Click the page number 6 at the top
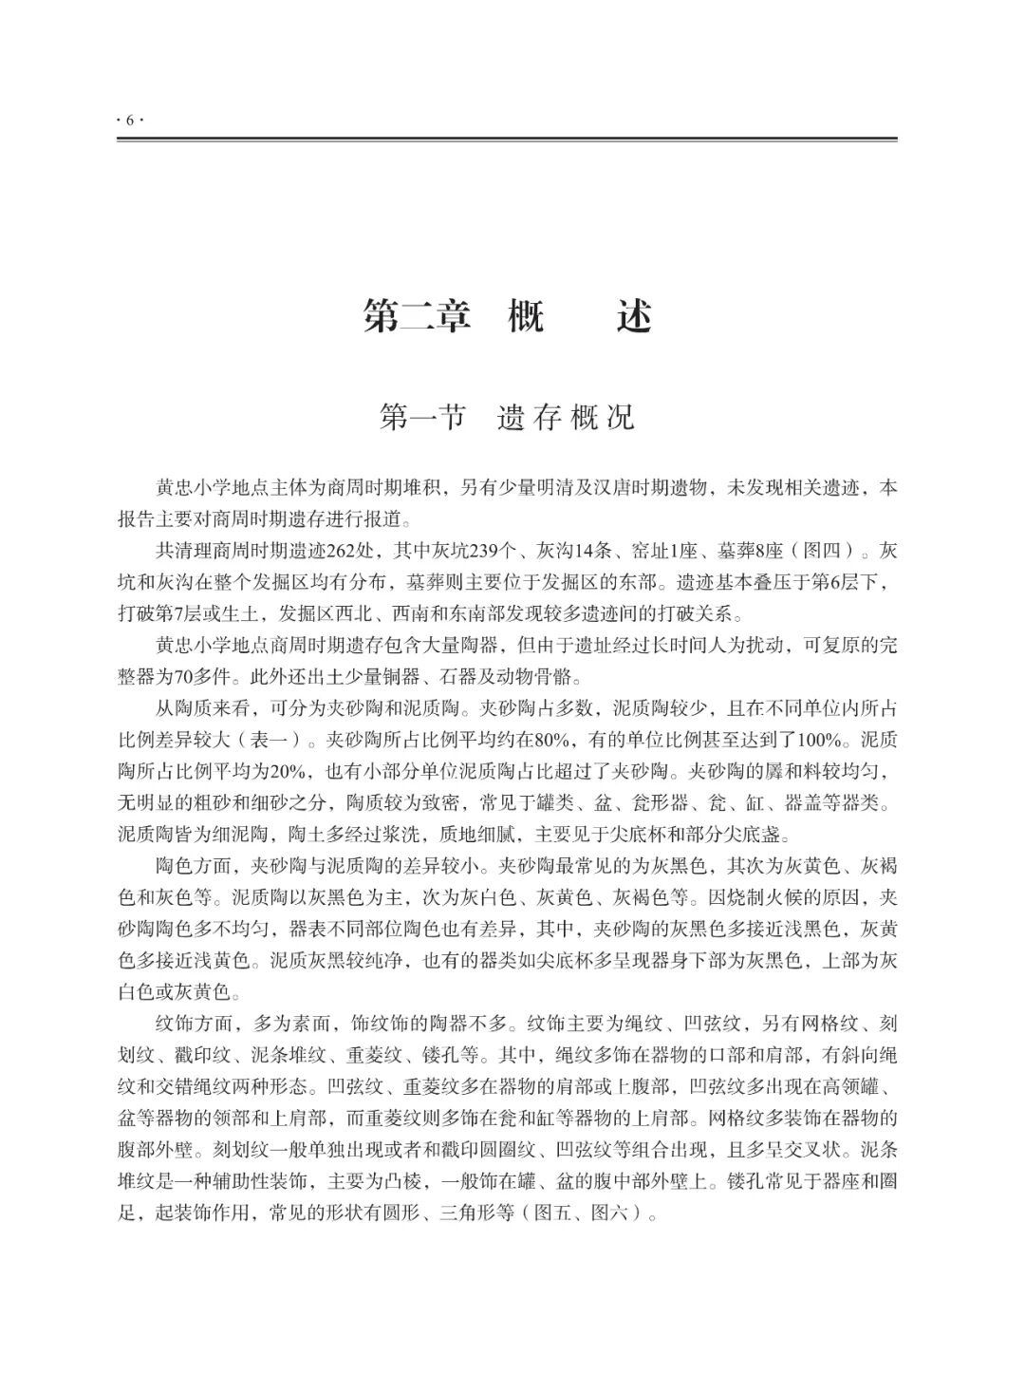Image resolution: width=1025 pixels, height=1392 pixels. click(x=128, y=120)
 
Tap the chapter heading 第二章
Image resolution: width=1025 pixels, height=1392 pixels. click(x=417, y=315)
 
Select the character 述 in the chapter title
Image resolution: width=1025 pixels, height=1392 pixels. click(x=634, y=315)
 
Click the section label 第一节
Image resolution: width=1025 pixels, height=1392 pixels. click(x=421, y=417)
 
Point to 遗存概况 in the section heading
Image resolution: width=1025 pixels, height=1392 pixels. click(x=566, y=417)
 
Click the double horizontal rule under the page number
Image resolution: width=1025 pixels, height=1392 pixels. click(x=507, y=140)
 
